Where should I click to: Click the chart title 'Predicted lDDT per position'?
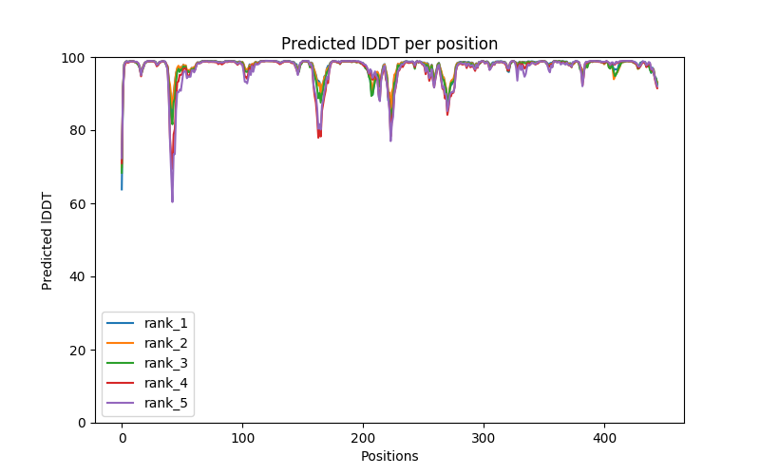[x=389, y=44]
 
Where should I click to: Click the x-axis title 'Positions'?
[x=389, y=456]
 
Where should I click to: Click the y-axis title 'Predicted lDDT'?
[x=47, y=239]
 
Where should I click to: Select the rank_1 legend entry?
[x=166, y=323]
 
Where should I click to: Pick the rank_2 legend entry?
[x=166, y=343]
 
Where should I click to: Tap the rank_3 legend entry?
[x=166, y=363]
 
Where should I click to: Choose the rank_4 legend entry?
[x=166, y=383]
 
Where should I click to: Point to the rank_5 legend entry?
[x=166, y=403]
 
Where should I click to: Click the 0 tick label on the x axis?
[x=122, y=438]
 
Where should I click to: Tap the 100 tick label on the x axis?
[x=242, y=438]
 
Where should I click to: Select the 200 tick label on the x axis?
[x=363, y=438]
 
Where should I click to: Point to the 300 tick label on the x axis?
[x=484, y=438]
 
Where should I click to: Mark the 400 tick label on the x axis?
[x=604, y=438]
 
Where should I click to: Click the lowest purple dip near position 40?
[x=172, y=200]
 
